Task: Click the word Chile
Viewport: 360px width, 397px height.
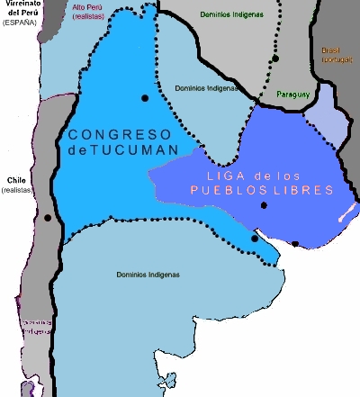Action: coord(15,180)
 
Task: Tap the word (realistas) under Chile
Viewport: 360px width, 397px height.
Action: coord(16,191)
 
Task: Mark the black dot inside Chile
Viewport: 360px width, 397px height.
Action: coord(47,218)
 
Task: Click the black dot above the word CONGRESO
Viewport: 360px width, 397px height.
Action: coord(144,97)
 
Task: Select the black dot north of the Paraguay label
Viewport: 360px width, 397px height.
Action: coord(276,59)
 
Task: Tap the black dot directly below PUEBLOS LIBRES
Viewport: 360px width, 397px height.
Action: coord(263,206)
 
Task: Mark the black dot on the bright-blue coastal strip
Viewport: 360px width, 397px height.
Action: coord(256,239)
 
